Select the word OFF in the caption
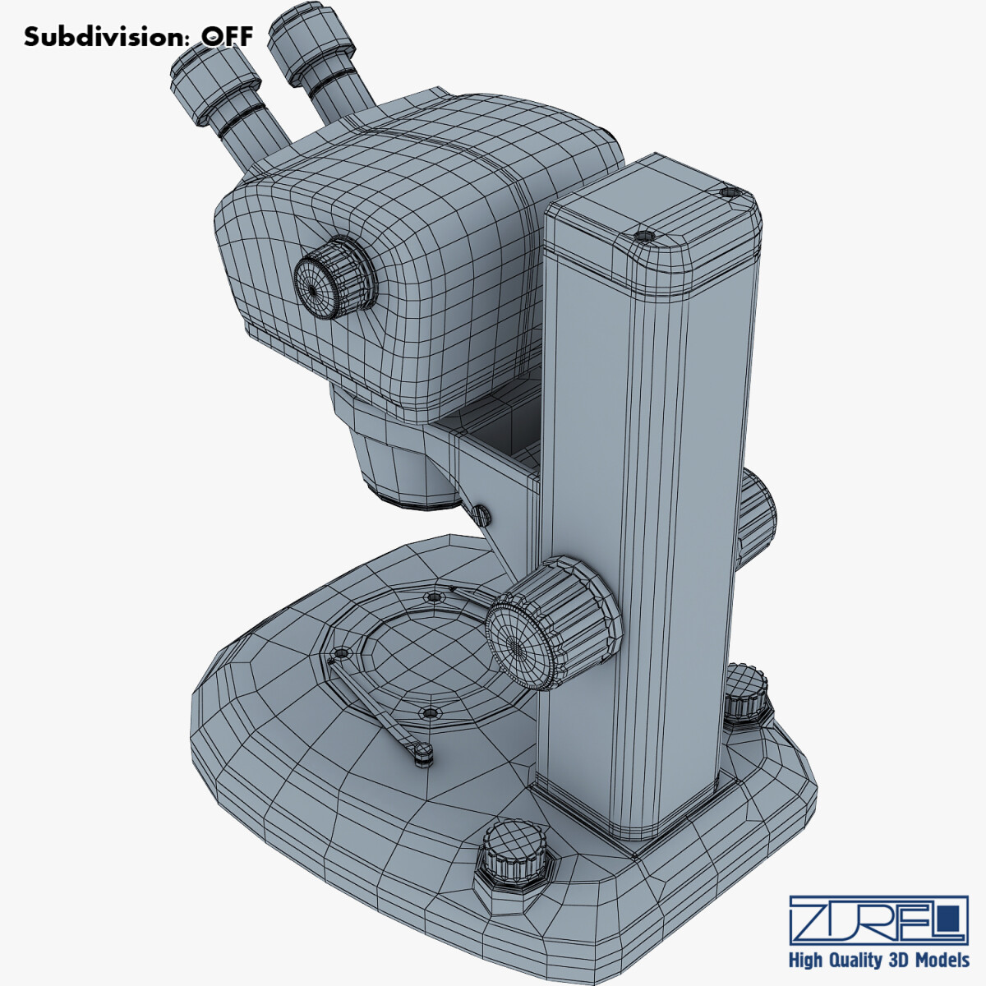click(228, 37)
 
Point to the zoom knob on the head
click(333, 279)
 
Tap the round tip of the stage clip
click(422, 751)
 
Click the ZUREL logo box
click(878, 919)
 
